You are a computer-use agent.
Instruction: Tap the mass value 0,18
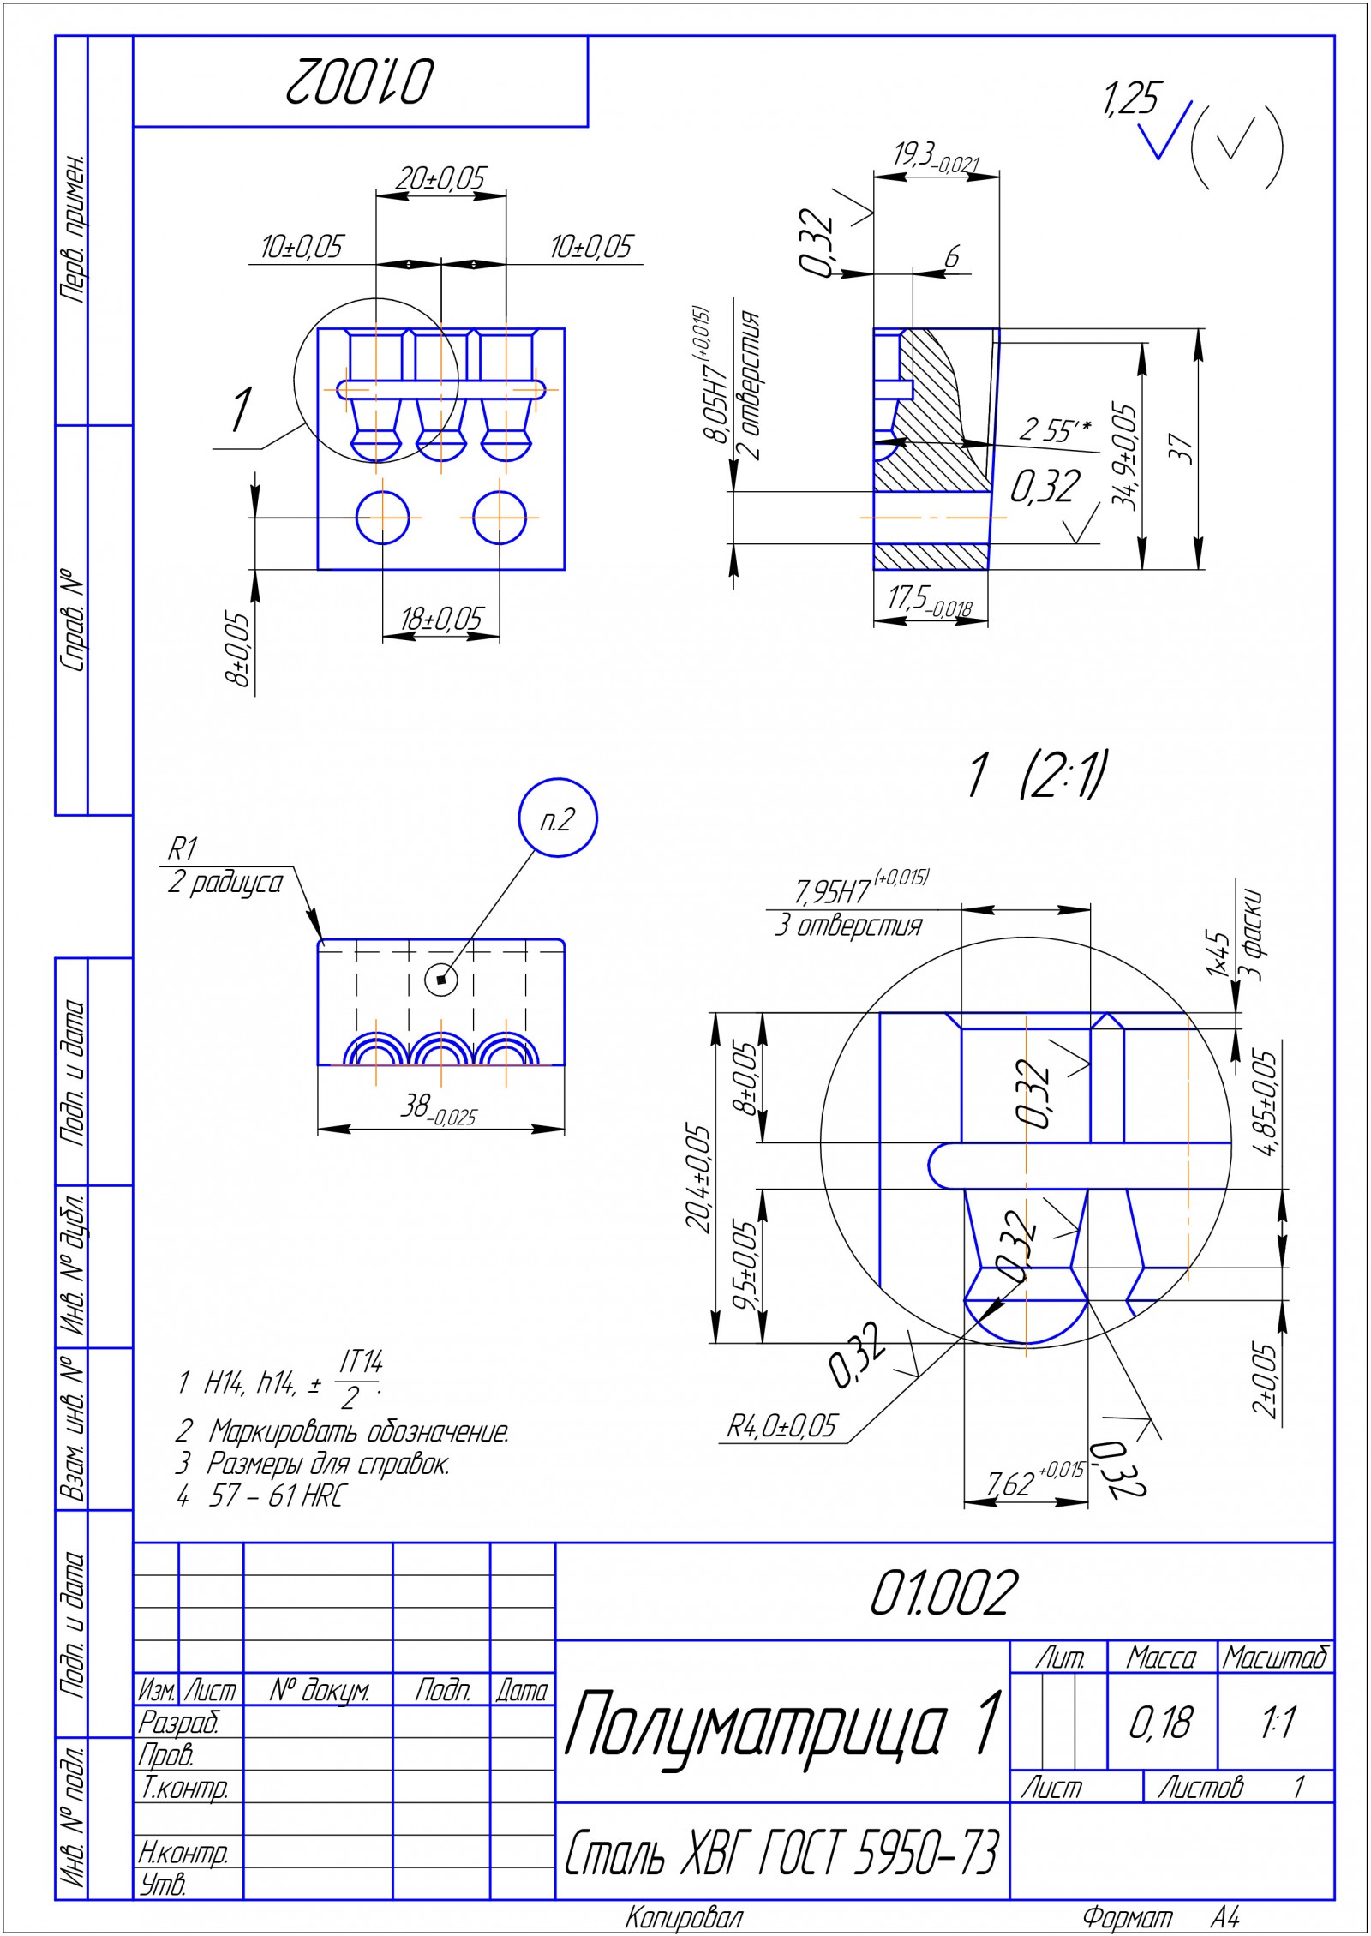point(1160,1723)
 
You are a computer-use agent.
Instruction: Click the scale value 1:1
point(1277,1723)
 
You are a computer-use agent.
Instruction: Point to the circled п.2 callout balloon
point(558,818)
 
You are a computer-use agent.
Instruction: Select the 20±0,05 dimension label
point(440,178)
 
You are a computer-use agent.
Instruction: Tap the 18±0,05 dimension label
point(442,618)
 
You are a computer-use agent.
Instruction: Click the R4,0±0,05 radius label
point(781,1426)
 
